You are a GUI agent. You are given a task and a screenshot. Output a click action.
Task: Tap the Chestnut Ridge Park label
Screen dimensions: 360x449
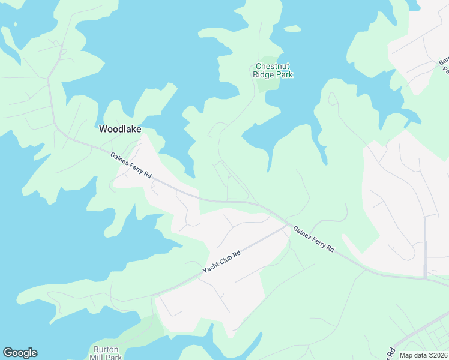pyautogui.click(x=274, y=70)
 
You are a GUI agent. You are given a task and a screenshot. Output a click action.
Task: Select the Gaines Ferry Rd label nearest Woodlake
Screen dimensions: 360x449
pyautogui.click(x=131, y=165)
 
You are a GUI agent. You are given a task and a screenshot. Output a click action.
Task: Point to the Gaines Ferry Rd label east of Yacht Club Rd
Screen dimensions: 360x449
pyautogui.click(x=313, y=239)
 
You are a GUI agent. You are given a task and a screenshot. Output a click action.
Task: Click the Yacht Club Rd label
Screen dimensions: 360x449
pyautogui.click(x=221, y=262)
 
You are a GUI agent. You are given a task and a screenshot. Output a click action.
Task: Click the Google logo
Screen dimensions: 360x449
pyautogui.click(x=20, y=353)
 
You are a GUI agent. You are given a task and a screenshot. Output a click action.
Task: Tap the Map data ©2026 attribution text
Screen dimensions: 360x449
pyautogui.click(x=423, y=355)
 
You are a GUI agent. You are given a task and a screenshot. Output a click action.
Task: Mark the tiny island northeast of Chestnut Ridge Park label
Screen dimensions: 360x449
pyautogui.click(x=292, y=28)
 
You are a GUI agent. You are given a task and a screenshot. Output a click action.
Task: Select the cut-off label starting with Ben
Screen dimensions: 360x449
pyautogui.click(x=444, y=65)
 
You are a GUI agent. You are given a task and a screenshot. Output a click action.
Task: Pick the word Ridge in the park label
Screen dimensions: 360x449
pyautogui.click(x=263, y=74)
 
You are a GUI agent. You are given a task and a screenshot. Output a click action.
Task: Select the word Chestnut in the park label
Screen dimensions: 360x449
pyautogui.click(x=274, y=66)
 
